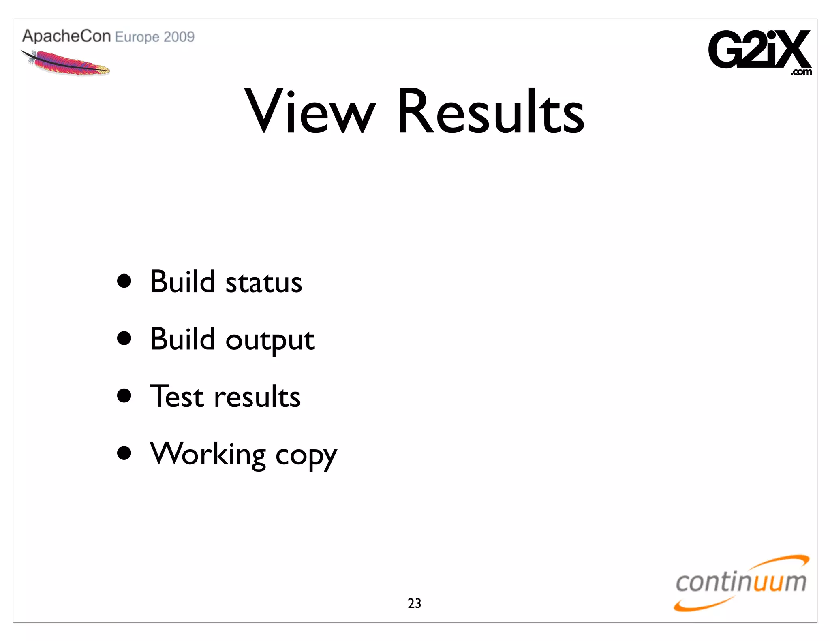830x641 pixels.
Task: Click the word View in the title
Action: [310, 111]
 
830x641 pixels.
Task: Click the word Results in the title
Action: [490, 111]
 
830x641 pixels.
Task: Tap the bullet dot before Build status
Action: [124, 281]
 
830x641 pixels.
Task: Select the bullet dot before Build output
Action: [124, 338]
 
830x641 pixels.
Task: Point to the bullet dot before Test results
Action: [124, 396]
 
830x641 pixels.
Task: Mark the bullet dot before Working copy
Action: [124, 453]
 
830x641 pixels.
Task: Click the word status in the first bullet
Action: [263, 282]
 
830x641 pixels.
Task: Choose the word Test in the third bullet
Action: [177, 396]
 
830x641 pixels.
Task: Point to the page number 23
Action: [414, 603]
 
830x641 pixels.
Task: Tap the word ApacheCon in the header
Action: [66, 36]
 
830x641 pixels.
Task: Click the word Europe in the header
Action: [137, 37]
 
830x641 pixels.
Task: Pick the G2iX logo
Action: [759, 50]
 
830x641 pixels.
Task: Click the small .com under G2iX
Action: [801, 73]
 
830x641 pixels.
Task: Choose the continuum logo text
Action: [741, 582]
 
